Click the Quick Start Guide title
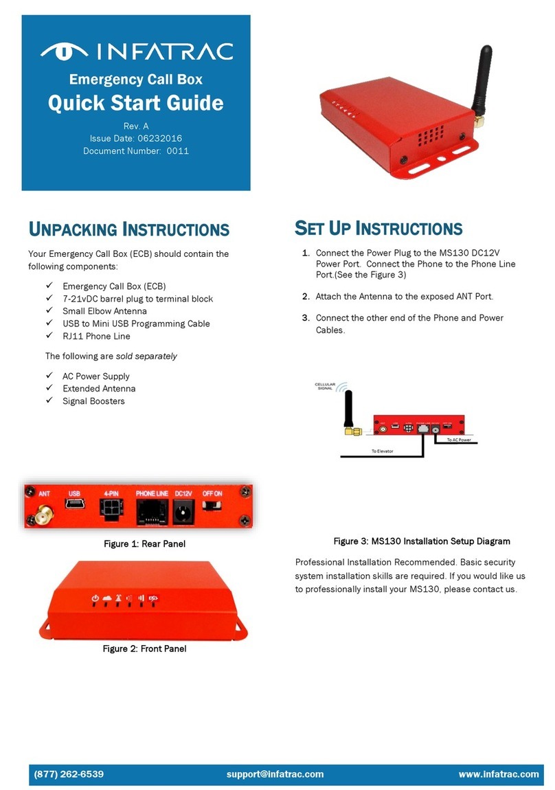[x=135, y=103]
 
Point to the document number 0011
[x=177, y=150]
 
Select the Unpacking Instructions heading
[x=128, y=229]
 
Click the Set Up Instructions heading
[x=378, y=228]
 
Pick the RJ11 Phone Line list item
[x=95, y=336]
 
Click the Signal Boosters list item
[x=93, y=400]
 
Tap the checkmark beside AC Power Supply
[x=49, y=376]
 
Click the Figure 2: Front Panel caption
[x=144, y=648]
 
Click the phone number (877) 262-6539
[x=69, y=774]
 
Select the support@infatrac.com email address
[x=275, y=774]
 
